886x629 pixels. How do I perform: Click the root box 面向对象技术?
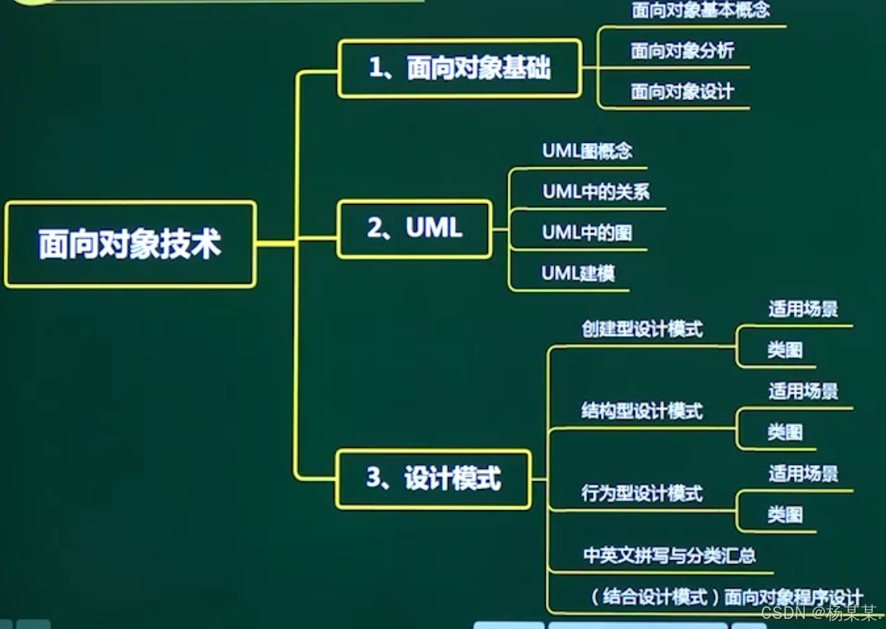point(130,245)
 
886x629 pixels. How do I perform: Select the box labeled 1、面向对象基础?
point(459,69)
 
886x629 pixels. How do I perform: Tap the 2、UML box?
point(415,228)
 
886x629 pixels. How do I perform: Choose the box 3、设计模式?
point(433,478)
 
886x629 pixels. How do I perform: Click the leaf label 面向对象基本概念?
point(700,10)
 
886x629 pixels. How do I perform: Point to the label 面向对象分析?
point(682,52)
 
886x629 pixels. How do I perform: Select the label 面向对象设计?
point(682,92)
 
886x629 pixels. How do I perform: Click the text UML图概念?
point(587,151)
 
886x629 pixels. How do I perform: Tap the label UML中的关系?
point(596,191)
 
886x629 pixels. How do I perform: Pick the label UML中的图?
point(587,233)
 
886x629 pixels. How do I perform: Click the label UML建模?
point(578,273)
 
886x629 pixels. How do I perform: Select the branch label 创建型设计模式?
point(642,329)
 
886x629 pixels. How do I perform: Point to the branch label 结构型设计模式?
point(642,411)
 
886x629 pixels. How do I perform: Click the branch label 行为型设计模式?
point(642,494)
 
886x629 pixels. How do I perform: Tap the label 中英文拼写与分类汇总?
point(669,556)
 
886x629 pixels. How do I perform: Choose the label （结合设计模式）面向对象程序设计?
point(726,598)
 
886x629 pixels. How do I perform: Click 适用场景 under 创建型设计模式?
point(802,309)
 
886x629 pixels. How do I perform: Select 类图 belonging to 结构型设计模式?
point(785,432)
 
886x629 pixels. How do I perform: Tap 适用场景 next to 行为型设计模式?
point(802,474)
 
